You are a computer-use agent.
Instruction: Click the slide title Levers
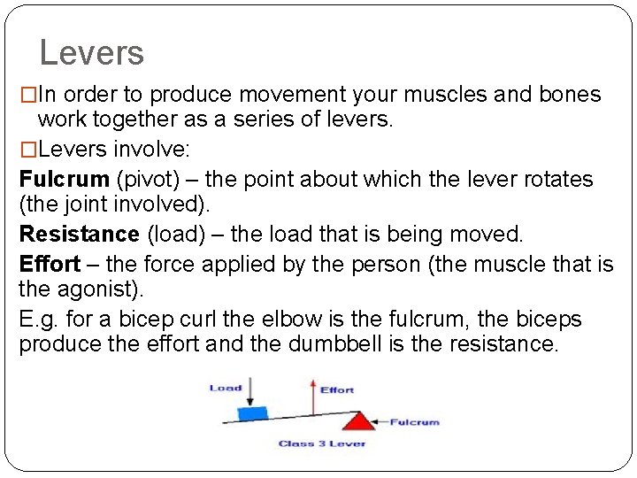click(91, 53)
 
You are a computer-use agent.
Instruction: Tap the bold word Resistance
click(79, 235)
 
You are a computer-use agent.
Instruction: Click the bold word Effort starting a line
click(49, 264)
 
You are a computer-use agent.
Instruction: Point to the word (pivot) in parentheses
click(147, 180)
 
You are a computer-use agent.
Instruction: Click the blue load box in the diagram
click(254, 412)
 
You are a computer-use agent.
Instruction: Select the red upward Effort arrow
click(311, 397)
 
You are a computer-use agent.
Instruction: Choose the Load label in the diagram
click(226, 388)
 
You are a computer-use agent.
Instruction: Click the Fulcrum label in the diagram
click(414, 422)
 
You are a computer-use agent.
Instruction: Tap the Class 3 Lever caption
click(321, 443)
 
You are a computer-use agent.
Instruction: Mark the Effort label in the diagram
click(337, 389)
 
